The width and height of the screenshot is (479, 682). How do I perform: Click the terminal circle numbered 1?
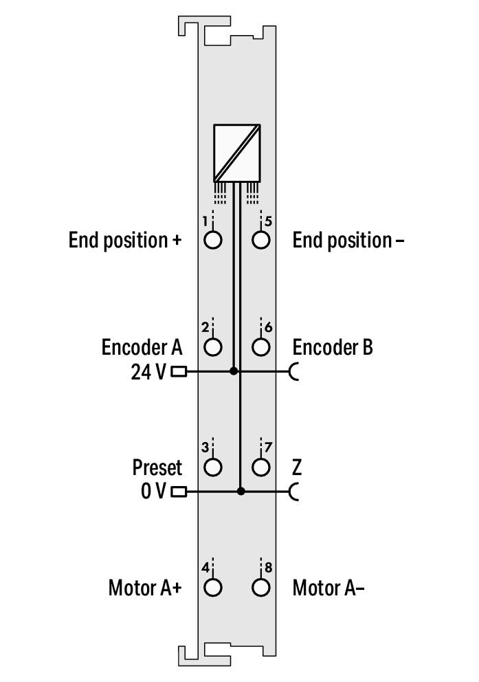coord(214,240)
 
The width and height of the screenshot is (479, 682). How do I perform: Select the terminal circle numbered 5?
coord(260,240)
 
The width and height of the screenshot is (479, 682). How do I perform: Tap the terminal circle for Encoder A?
coord(214,347)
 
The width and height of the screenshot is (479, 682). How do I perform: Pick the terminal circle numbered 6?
coord(260,347)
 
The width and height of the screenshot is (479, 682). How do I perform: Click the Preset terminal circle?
coord(214,467)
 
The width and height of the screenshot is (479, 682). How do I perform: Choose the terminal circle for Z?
coord(260,467)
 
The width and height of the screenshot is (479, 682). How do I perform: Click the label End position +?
coord(125,241)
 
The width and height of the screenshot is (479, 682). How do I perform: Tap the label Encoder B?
coord(333,347)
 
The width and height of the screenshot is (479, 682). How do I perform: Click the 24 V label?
coord(148,372)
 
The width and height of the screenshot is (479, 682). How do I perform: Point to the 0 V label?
coord(153,492)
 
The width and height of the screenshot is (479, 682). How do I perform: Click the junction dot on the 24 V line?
coord(234,371)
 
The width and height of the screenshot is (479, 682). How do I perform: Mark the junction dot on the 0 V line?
coord(241,492)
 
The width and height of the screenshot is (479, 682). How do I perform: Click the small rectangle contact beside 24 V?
coord(179,372)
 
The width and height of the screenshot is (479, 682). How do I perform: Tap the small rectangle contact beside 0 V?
coord(179,492)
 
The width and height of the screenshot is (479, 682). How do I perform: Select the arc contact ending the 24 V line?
coord(295,372)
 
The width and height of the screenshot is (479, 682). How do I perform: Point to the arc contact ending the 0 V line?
coord(295,492)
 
